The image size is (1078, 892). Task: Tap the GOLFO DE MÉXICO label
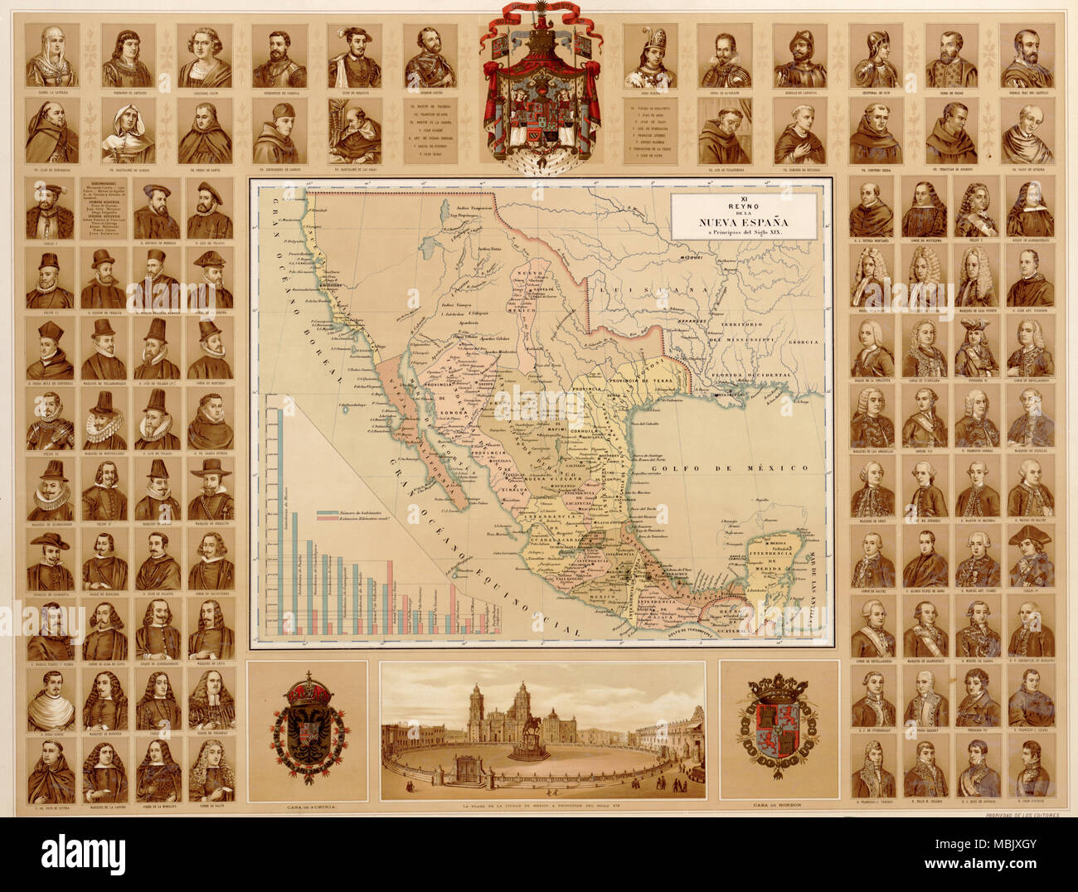[729, 469]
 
